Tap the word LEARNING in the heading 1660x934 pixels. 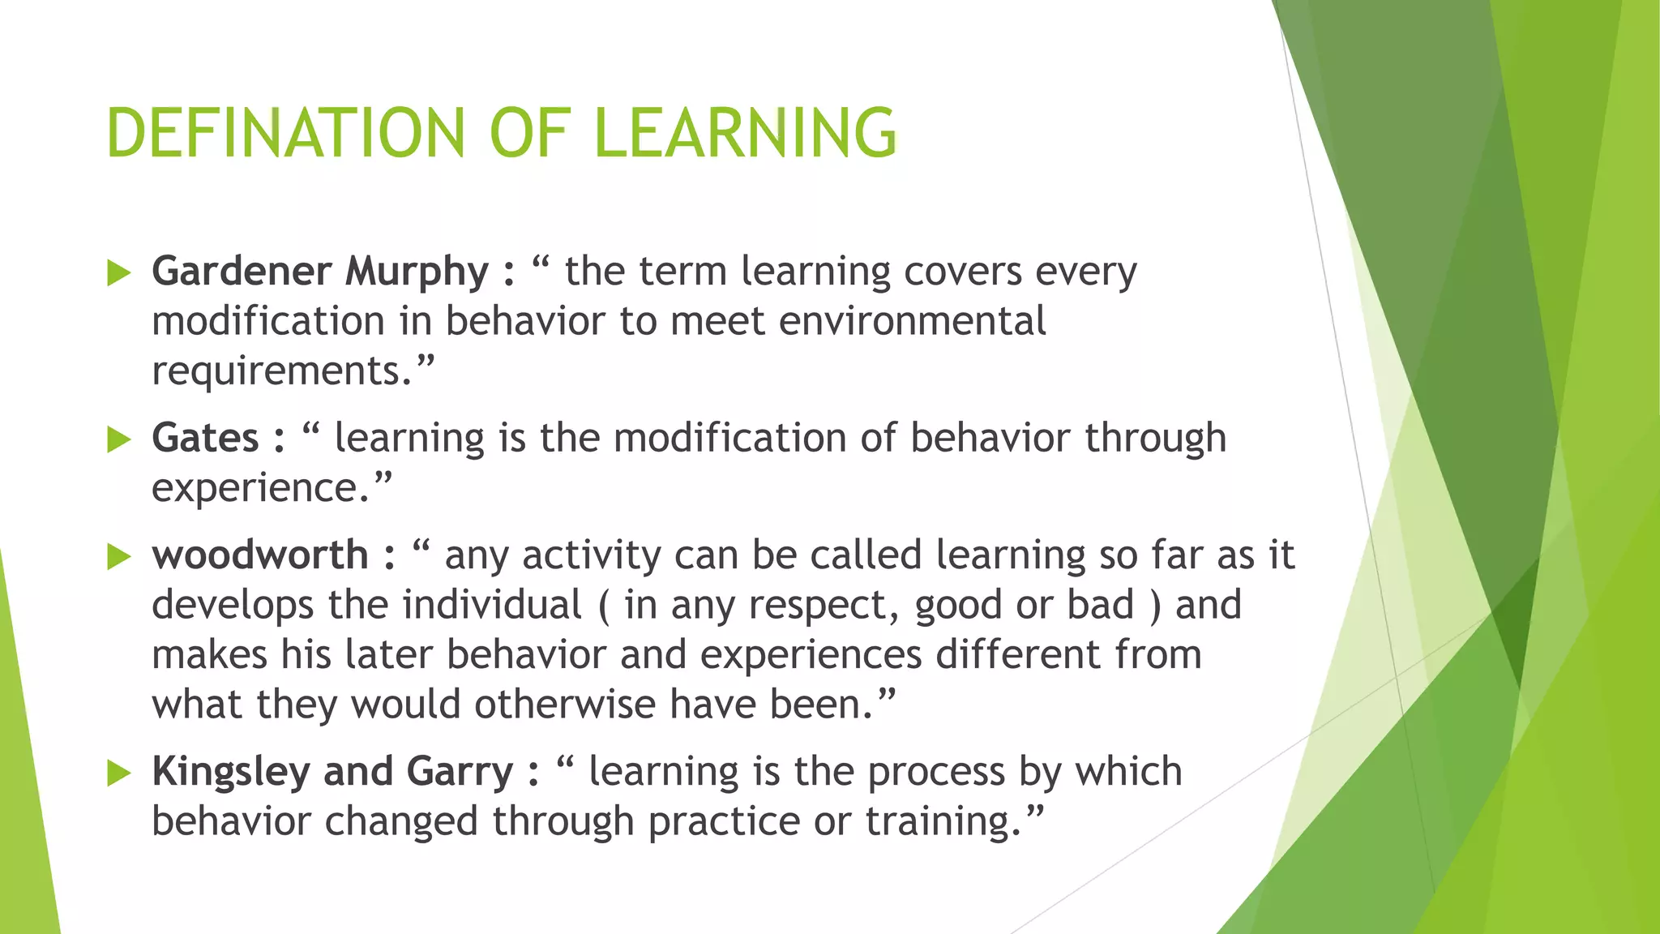tap(745, 132)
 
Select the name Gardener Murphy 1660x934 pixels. tap(320, 271)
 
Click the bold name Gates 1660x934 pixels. tap(205, 438)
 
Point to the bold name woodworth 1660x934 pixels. tap(260, 555)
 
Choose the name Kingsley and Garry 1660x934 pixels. tap(332, 771)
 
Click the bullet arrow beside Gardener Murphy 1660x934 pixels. tap(119, 272)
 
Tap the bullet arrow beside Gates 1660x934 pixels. tap(119, 439)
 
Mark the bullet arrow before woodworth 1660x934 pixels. tap(119, 557)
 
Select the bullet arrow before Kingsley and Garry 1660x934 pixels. tap(119, 773)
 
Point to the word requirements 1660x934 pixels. tap(276, 371)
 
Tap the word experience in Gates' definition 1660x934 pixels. tap(254, 488)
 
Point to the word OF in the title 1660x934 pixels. tap(529, 132)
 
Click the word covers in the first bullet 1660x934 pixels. tap(962, 271)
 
